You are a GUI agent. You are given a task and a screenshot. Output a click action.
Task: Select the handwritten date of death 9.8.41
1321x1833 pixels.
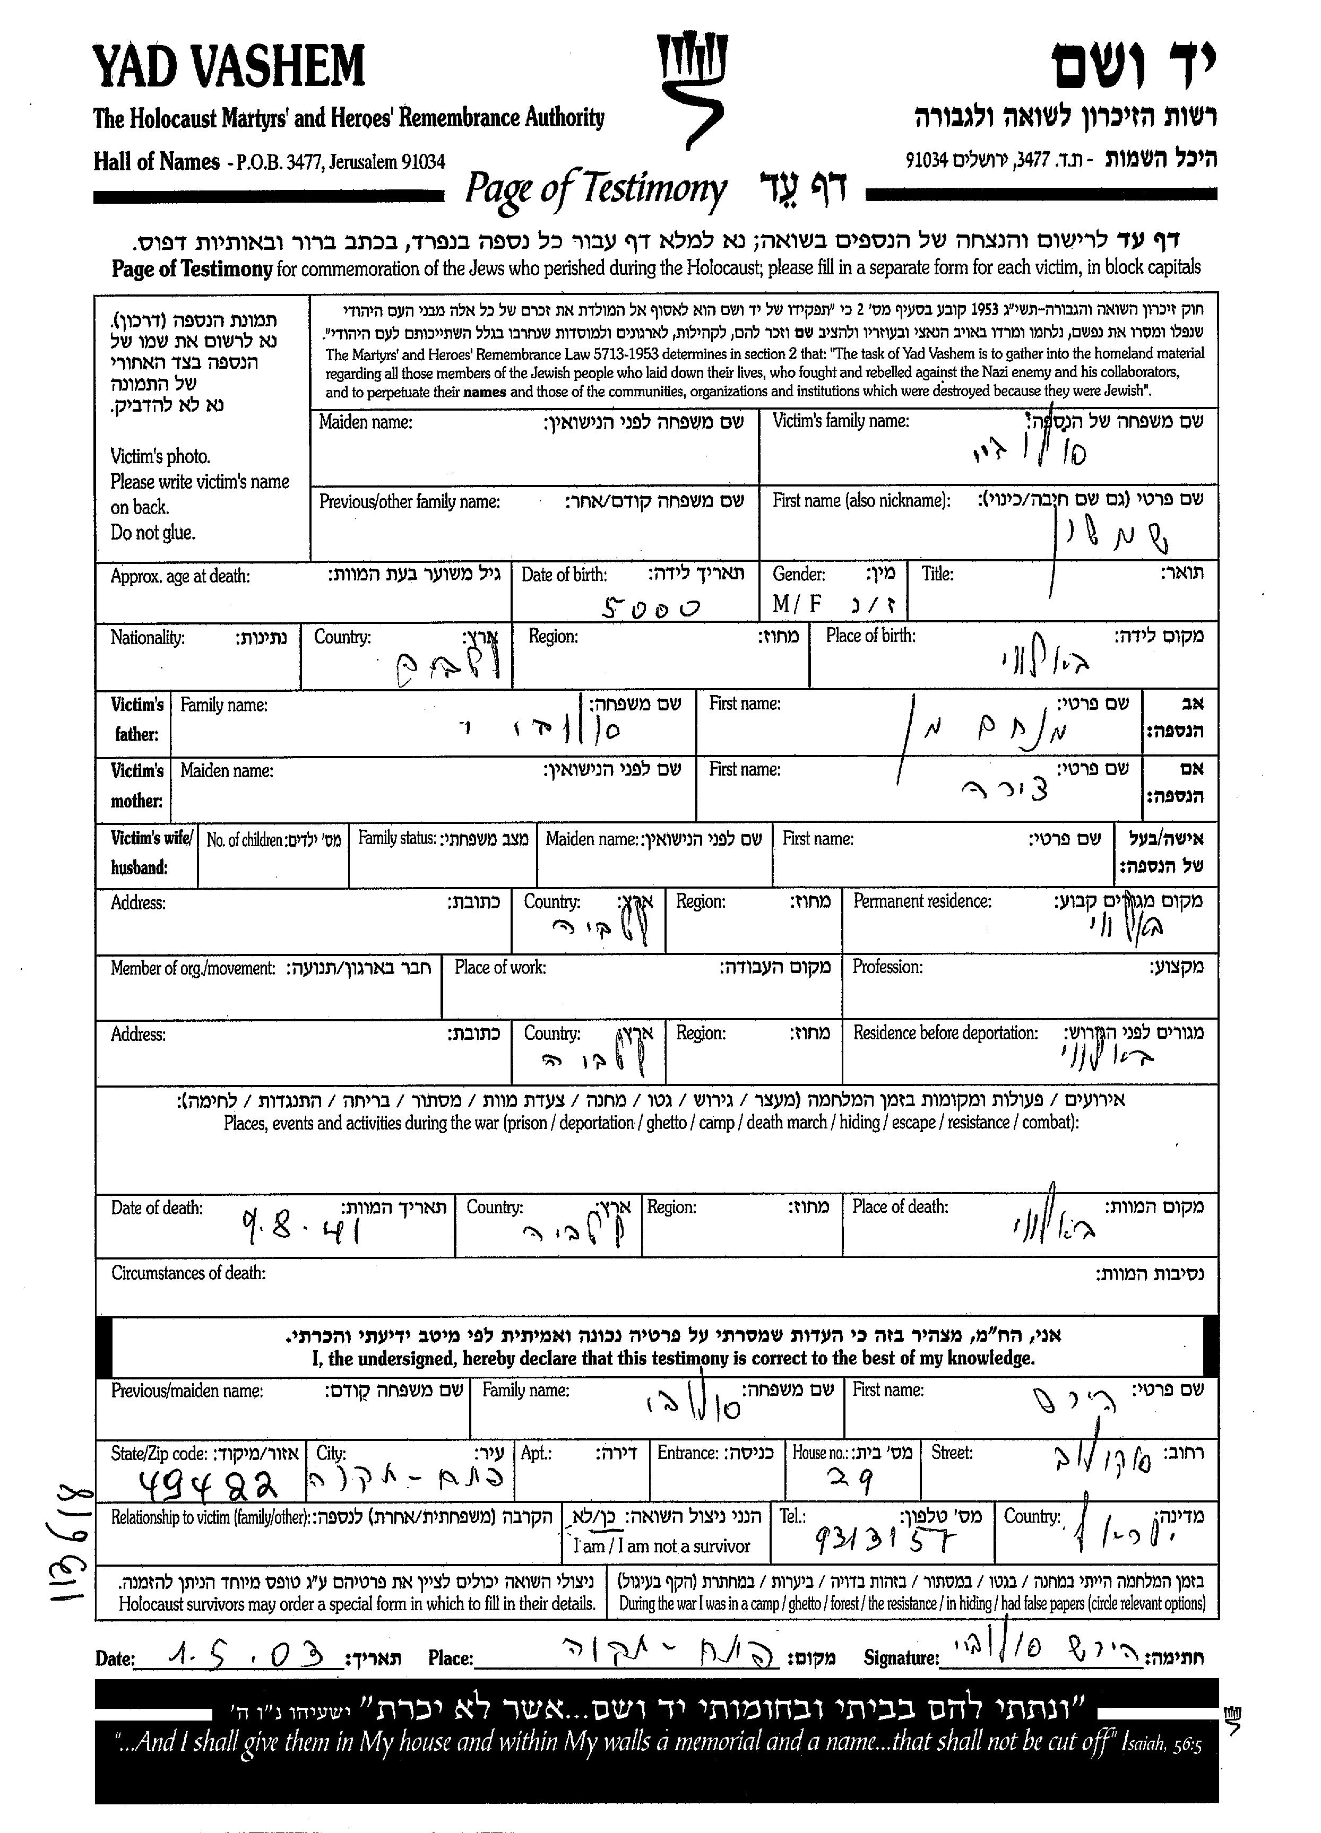301,1231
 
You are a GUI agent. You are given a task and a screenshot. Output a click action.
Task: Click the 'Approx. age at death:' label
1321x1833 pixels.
180,576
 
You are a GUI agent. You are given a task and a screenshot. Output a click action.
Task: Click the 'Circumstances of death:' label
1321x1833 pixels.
188,1273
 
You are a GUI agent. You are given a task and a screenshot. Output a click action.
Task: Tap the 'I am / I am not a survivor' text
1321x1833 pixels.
661,1546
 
